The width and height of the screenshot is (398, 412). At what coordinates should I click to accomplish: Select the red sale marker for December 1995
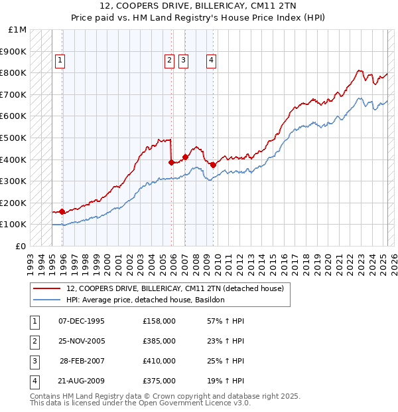(62, 211)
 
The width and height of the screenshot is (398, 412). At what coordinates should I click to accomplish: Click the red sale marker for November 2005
(171, 162)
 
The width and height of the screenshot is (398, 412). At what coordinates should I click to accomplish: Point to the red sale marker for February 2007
(185, 157)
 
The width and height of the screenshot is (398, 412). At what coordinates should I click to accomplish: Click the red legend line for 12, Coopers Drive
(46, 289)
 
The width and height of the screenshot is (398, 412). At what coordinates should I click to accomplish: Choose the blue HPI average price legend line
(46, 300)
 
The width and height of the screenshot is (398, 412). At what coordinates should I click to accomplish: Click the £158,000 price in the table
(159, 322)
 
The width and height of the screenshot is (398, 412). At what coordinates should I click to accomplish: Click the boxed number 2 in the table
(33, 342)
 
